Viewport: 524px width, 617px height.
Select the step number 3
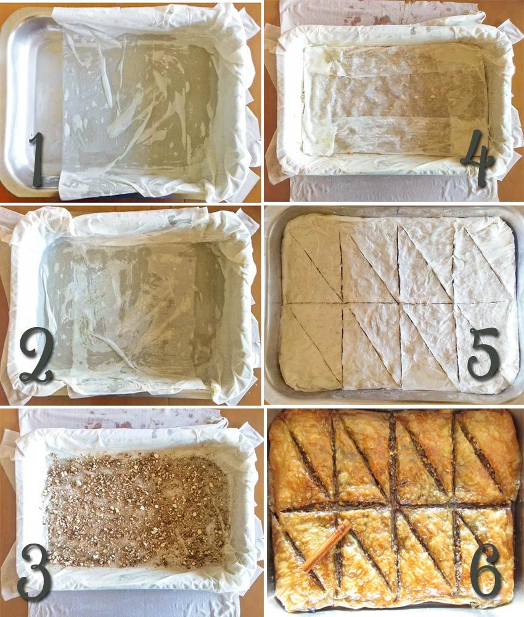tap(35, 572)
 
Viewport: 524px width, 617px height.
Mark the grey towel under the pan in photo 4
tap(393, 188)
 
